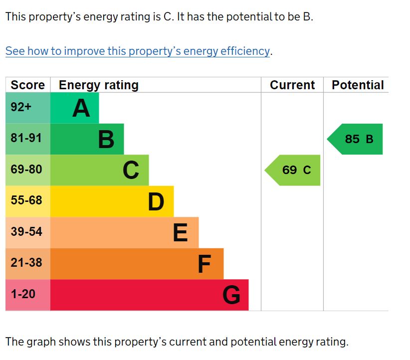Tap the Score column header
click(x=27, y=85)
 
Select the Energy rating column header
click(x=98, y=85)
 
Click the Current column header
click(x=292, y=85)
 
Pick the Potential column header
click(x=358, y=85)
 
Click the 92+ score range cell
click(x=21, y=107)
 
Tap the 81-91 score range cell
click(x=26, y=138)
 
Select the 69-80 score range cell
click(x=26, y=170)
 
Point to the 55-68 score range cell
click(x=26, y=200)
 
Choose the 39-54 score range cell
click(x=26, y=232)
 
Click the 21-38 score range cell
click(x=26, y=263)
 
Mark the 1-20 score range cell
click(x=23, y=294)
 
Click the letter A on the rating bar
click(x=81, y=108)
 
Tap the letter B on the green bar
click(x=106, y=140)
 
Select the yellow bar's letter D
click(x=156, y=202)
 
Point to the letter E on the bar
click(x=181, y=233)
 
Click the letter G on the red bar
click(x=231, y=295)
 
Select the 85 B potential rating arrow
click(x=356, y=139)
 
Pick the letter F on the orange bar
click(x=204, y=264)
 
